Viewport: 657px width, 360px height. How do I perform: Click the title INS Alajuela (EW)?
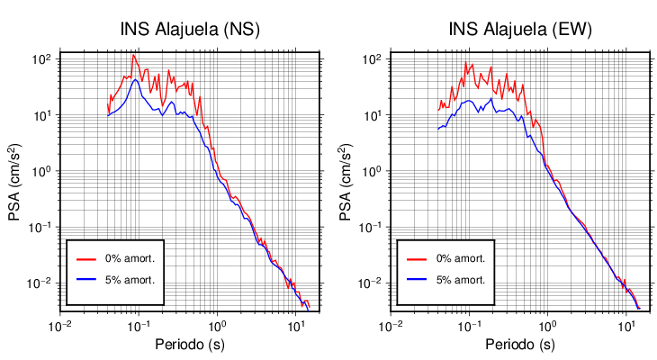[x=520, y=29]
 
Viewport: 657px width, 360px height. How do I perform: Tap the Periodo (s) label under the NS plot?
[x=190, y=345]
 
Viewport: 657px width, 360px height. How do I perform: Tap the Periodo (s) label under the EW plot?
[x=520, y=345]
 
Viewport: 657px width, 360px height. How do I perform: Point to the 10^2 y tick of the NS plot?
[x=42, y=59]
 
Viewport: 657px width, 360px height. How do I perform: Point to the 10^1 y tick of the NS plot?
[x=42, y=115]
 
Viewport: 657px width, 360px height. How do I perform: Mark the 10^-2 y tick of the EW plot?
[x=371, y=283]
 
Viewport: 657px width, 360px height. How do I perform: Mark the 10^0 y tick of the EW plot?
[x=373, y=171]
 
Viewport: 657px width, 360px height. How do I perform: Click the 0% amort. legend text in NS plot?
[x=130, y=258]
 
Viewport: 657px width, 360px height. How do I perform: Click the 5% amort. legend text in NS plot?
[x=130, y=280]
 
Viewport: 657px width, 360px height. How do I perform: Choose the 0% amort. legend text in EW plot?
[x=460, y=258]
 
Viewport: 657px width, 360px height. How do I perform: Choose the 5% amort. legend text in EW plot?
[x=460, y=280]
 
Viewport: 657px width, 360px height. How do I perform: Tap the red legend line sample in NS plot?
[x=85, y=258]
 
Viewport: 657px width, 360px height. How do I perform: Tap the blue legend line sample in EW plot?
[x=416, y=280]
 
